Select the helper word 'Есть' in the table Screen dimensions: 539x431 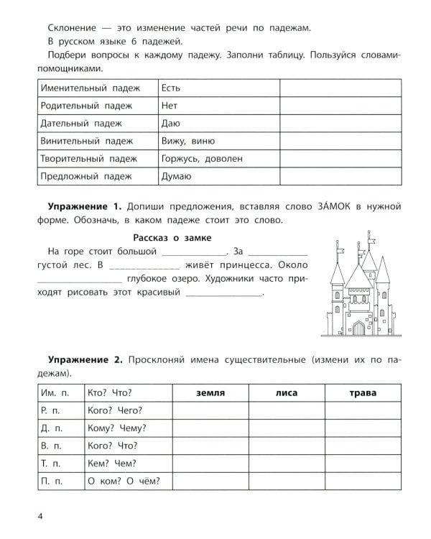click(172, 88)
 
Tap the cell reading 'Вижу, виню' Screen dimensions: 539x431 click(188, 141)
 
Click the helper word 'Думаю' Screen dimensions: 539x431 click(177, 176)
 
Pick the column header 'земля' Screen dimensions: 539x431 click(210, 393)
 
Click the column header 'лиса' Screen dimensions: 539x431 click(287, 393)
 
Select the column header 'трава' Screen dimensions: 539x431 click(363, 393)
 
